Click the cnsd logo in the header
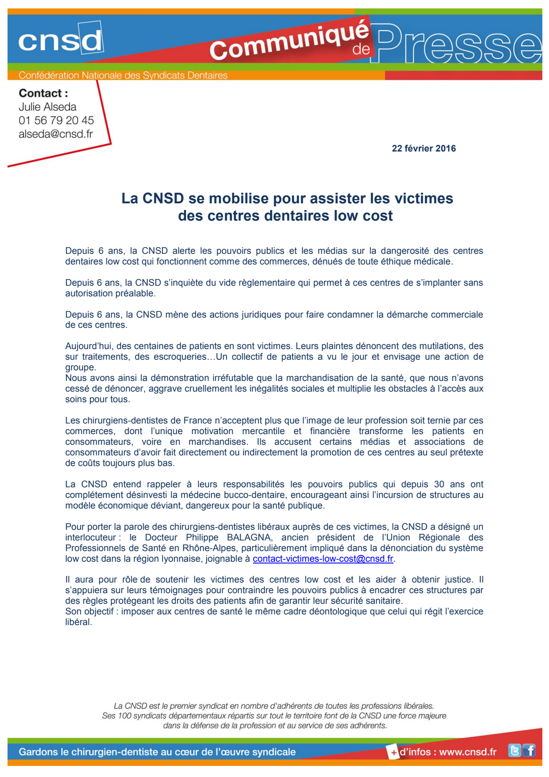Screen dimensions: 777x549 click(x=60, y=41)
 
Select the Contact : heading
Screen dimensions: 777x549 click(x=43, y=93)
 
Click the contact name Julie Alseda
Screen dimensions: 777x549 click(x=47, y=107)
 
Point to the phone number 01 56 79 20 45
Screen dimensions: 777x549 click(x=56, y=120)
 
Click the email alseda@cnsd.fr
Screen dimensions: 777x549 click(x=56, y=134)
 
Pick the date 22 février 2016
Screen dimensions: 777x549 click(x=424, y=148)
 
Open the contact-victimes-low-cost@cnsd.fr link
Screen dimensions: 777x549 click(x=323, y=559)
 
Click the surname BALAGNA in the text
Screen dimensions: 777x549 click(x=249, y=537)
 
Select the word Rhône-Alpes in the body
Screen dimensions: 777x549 click(x=209, y=548)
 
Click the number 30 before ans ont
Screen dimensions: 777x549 click(x=439, y=484)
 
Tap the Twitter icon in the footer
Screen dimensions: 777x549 click(x=514, y=751)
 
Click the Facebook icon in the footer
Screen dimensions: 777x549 click(x=529, y=751)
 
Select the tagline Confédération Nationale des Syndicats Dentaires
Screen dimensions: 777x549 click(x=123, y=75)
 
